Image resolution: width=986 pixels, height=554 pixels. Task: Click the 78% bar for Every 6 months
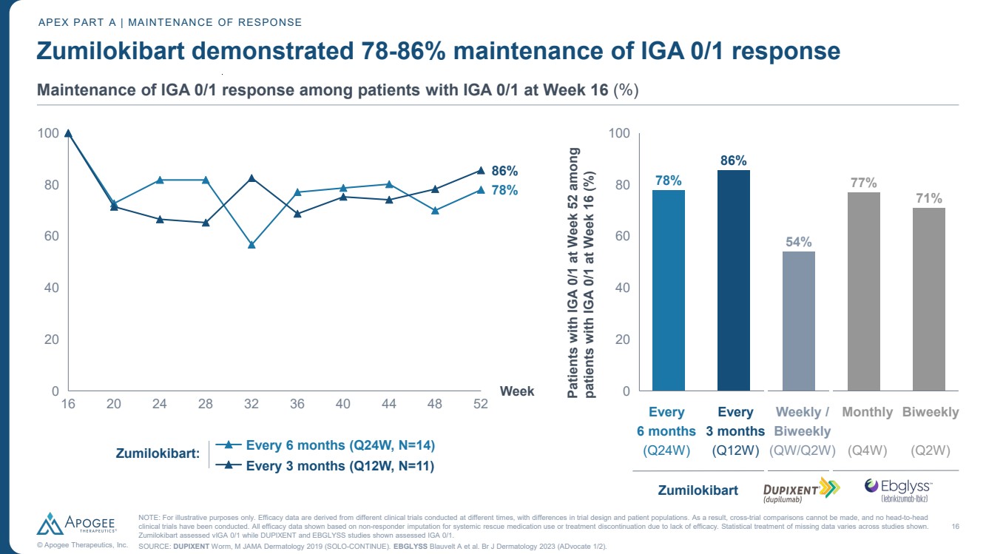point(668,290)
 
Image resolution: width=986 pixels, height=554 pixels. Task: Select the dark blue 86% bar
point(734,280)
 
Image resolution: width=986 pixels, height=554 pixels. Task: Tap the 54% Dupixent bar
point(799,321)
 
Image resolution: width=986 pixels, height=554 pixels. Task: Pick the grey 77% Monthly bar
point(863,291)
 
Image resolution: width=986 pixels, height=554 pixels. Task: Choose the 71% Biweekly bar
point(929,299)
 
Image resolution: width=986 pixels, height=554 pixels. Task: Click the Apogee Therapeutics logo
point(82,524)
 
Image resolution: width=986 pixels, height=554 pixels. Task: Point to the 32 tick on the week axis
point(251,403)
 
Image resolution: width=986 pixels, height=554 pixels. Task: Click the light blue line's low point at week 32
point(251,245)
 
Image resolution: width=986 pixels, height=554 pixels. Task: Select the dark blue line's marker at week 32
point(251,178)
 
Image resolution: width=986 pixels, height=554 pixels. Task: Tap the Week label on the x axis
point(517,391)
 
